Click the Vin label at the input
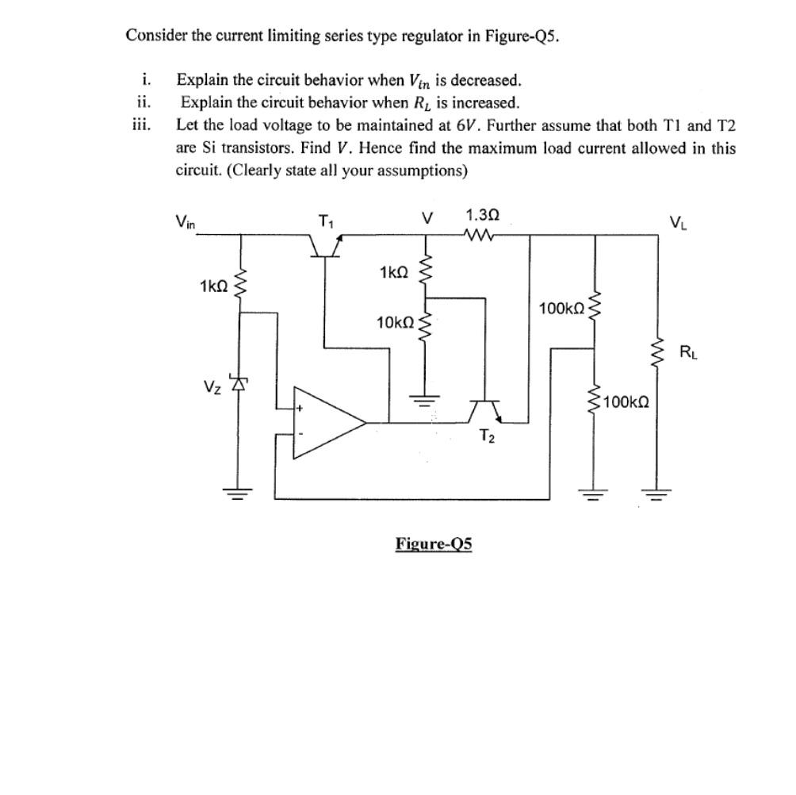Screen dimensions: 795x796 [187, 223]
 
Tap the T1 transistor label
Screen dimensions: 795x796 [326, 221]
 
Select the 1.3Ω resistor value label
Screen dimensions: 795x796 [483, 215]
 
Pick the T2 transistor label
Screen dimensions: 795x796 [488, 439]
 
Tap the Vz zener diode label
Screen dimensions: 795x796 [211, 386]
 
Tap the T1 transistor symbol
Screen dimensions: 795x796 [326, 247]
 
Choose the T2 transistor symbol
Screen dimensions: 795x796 [484, 410]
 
